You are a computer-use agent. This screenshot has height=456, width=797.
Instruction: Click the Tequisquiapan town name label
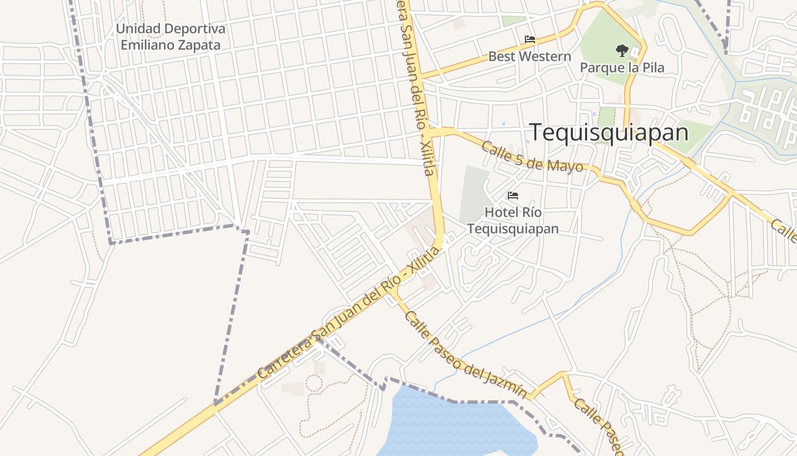609,132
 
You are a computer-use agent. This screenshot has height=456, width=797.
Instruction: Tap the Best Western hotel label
529,56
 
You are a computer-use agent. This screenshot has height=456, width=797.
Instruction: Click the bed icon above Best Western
530,39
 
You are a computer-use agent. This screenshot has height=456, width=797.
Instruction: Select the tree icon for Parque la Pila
622,51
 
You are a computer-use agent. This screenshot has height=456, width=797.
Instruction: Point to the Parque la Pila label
622,68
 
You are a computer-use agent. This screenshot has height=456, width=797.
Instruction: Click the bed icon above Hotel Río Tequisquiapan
513,196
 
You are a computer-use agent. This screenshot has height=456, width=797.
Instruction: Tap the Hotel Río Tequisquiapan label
513,221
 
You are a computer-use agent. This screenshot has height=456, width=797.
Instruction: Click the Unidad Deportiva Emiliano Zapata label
170,36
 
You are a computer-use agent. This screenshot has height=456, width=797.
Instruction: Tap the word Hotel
499,212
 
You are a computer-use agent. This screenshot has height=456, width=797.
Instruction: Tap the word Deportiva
194,28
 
